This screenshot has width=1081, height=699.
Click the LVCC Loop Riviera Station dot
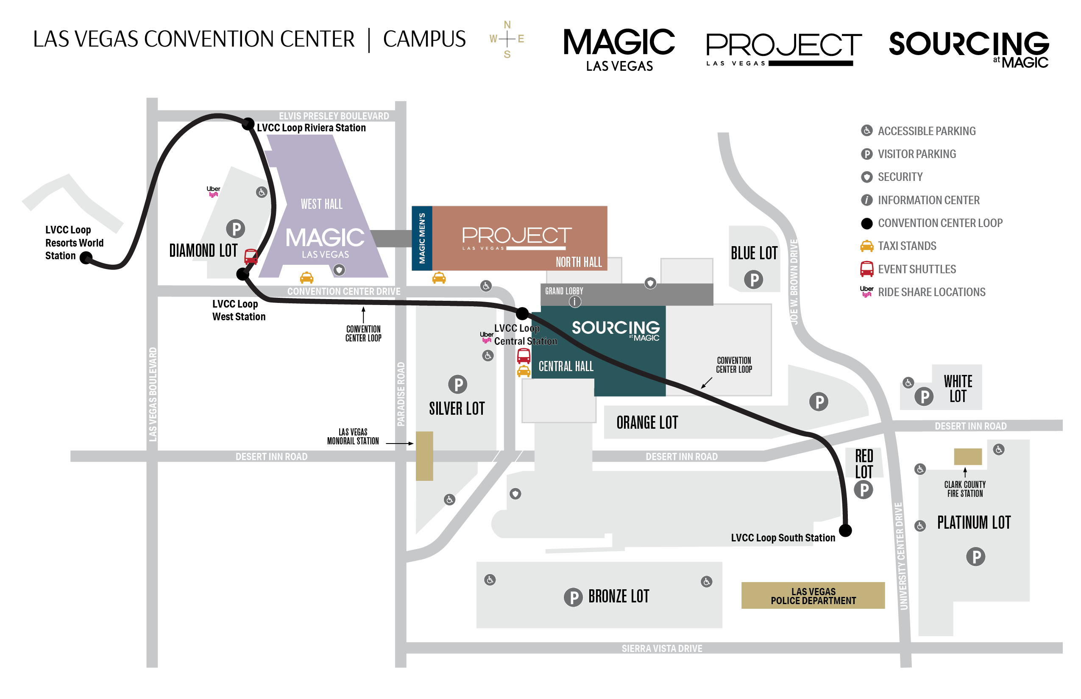click(248, 123)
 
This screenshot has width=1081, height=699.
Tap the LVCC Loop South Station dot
click(845, 530)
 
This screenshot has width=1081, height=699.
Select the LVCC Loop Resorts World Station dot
click(86, 258)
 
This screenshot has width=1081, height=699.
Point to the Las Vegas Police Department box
click(813, 596)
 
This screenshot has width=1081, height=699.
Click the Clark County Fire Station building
click(967, 456)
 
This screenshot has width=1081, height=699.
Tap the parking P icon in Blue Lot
click(754, 279)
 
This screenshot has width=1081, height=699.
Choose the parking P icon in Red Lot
click(864, 490)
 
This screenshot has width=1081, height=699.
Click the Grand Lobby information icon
click(575, 301)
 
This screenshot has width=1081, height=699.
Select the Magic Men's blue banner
click(422, 238)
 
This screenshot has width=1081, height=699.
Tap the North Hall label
click(579, 262)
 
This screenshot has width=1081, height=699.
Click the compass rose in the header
click(507, 39)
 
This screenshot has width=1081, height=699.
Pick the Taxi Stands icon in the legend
click(866, 246)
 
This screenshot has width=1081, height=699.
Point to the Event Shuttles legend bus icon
click(866, 269)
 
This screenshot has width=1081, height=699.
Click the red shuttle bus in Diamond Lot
click(251, 256)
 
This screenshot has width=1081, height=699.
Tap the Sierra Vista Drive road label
click(662, 648)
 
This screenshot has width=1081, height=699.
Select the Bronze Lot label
click(619, 596)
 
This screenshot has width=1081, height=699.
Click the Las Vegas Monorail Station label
click(353, 436)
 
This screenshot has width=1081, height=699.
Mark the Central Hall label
click(566, 366)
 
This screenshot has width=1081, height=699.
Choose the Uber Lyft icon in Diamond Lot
click(213, 191)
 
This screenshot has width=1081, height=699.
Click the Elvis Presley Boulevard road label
click(334, 116)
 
